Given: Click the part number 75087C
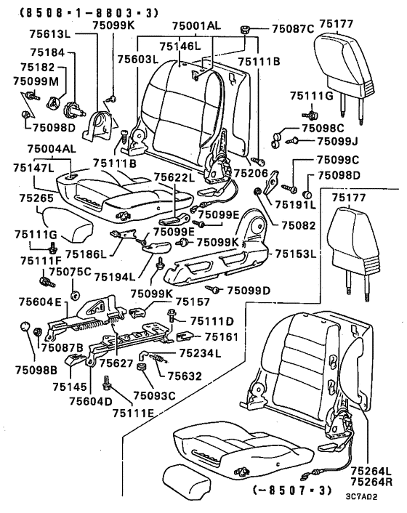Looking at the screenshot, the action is [293, 29].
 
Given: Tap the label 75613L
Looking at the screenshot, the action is [50, 34].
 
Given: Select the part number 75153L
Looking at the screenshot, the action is [296, 254].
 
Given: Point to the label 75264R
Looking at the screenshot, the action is [371, 482].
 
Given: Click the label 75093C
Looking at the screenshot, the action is [154, 396].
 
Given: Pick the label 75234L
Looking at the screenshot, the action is [200, 353].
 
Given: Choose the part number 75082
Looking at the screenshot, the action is [299, 225].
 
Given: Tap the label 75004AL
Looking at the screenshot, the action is [52, 149].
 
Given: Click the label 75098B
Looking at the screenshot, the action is [36, 370].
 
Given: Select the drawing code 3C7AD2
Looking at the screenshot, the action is [361, 496].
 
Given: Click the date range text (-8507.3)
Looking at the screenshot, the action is [292, 490].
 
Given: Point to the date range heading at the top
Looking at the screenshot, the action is [89, 13].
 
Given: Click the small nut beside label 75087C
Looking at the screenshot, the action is [244, 31].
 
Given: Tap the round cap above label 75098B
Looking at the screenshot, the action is [25, 326].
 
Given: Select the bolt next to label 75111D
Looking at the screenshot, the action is [171, 315].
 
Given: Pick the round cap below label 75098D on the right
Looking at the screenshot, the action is [307, 195].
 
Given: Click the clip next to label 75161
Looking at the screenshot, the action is [184, 336].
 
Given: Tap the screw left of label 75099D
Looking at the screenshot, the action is [212, 289].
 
